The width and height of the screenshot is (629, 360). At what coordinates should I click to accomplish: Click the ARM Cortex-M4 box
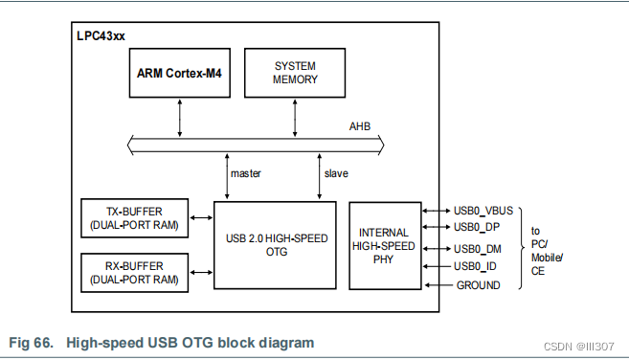(180, 73)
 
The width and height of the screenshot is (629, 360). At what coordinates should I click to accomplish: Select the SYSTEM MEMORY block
(295, 73)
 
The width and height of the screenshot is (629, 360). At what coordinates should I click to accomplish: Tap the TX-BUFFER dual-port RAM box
(134, 218)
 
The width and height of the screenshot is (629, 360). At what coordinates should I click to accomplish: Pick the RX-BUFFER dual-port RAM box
(134, 272)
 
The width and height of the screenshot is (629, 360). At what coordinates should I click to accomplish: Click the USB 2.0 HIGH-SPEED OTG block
(275, 244)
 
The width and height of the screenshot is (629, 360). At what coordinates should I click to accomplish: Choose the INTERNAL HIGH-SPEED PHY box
(385, 245)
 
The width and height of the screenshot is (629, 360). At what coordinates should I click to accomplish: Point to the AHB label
(359, 125)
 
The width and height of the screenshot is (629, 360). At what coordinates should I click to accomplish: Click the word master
(246, 173)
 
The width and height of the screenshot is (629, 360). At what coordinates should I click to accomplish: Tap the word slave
(336, 173)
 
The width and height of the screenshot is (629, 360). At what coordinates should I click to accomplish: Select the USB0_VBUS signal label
(483, 210)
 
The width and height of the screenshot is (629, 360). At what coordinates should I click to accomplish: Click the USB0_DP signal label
(477, 227)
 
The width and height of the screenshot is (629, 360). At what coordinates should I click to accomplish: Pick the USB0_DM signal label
(478, 248)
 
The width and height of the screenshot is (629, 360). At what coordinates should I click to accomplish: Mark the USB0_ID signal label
(475, 266)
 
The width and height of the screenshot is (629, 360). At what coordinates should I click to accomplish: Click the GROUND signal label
(477, 284)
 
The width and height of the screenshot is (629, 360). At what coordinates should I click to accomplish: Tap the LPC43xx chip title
(101, 36)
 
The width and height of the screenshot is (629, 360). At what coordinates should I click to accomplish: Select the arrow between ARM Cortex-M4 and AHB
(180, 116)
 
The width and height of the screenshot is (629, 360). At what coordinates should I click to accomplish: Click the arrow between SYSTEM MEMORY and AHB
(294, 116)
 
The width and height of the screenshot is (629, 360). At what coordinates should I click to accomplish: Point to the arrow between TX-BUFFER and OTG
(201, 218)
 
